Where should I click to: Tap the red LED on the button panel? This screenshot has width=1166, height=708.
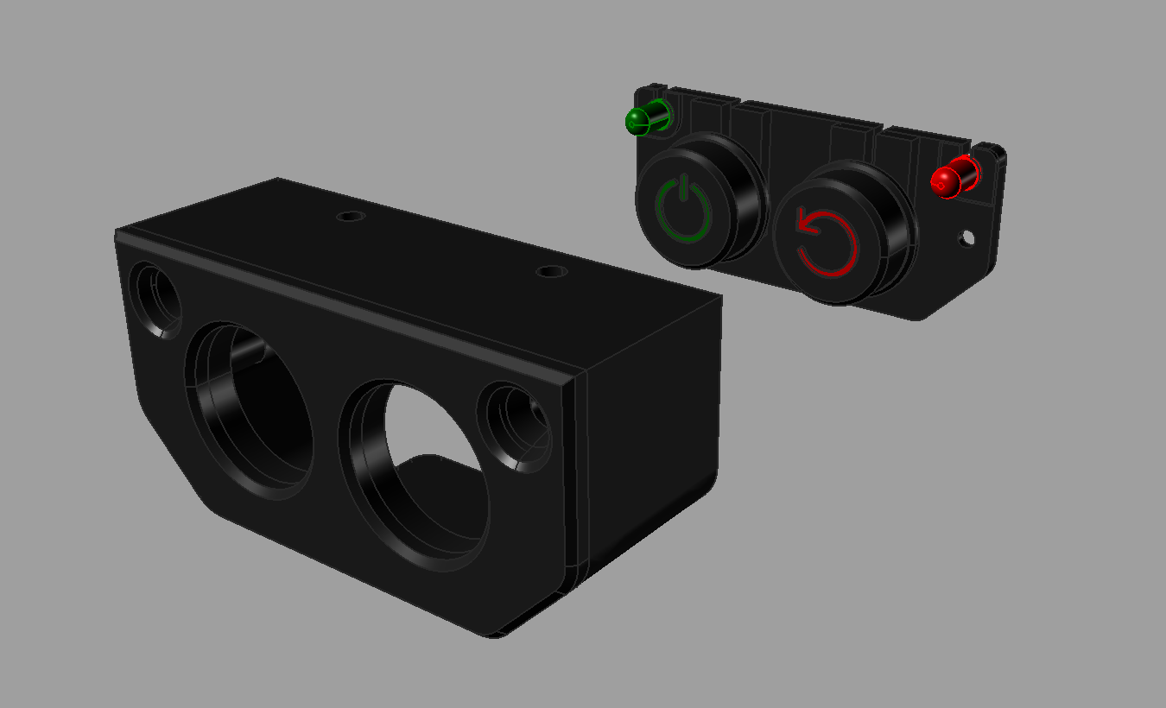point(946,180)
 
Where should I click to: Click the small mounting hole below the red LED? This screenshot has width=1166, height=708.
point(967,237)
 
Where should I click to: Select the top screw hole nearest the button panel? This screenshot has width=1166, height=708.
point(551,271)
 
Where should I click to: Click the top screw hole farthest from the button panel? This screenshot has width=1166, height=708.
point(350,216)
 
